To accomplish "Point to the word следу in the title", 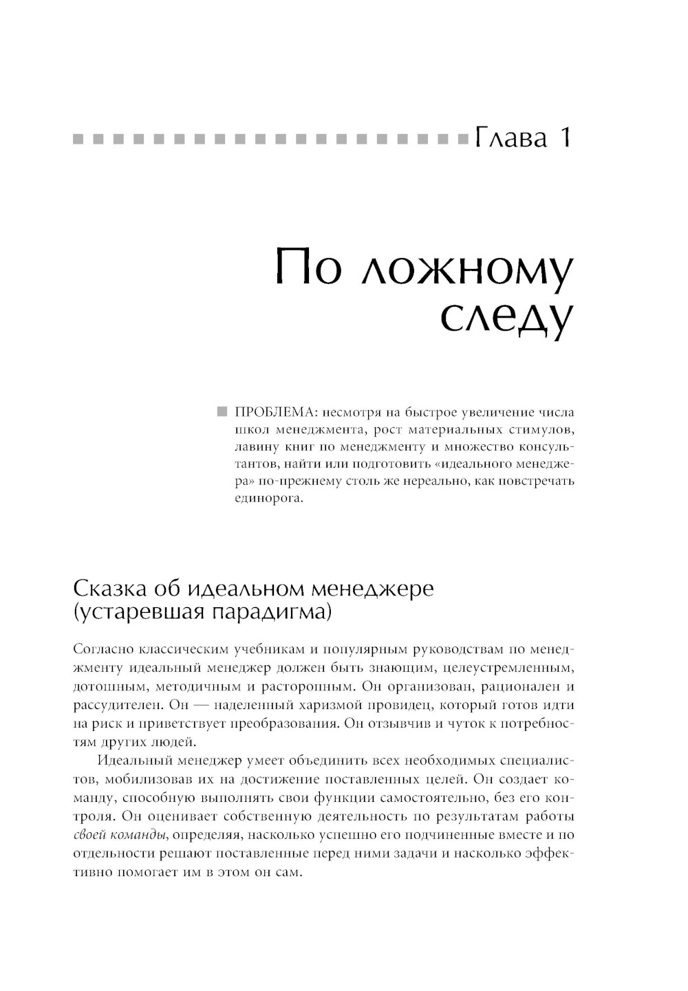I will [506, 318].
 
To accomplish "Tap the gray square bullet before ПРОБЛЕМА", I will [222, 413].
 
